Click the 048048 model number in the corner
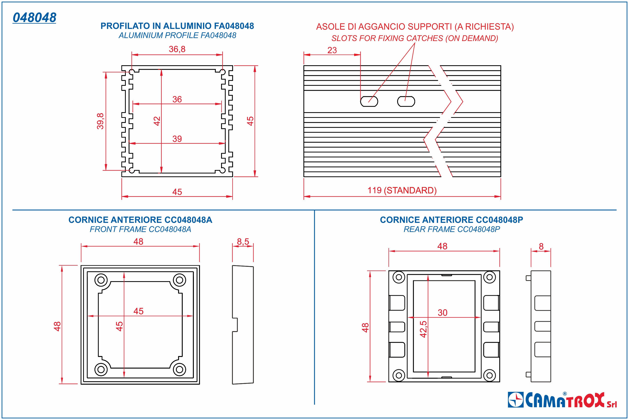[x=35, y=18]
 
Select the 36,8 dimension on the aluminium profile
[x=177, y=49]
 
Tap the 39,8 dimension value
[x=100, y=121]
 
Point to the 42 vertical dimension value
[x=157, y=121]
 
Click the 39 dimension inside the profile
[x=177, y=139]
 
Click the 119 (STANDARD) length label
[x=402, y=190]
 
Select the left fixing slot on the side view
[x=369, y=102]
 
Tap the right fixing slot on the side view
[x=406, y=102]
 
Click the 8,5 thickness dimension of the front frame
[x=243, y=242]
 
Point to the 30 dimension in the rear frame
[x=442, y=313]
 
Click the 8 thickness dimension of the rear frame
[x=541, y=246]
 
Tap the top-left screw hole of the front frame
[x=101, y=280]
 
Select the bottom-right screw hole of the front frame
[x=179, y=370]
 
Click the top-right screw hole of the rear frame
[x=489, y=277]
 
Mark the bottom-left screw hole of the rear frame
[x=399, y=375]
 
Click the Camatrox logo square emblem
[x=516, y=400]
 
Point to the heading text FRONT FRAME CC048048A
[x=140, y=229]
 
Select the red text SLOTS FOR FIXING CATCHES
[x=414, y=38]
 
